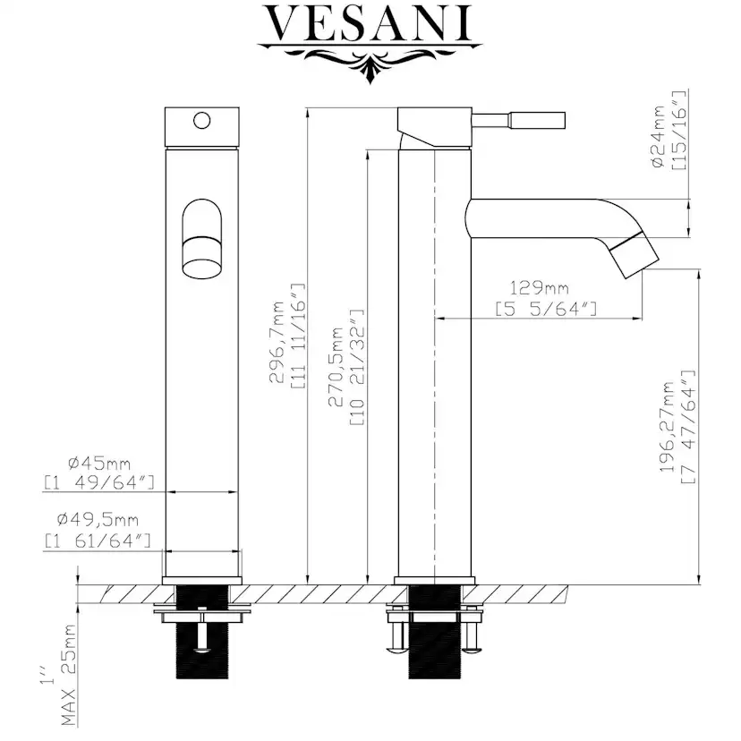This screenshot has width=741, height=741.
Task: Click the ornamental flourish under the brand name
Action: point(370,61)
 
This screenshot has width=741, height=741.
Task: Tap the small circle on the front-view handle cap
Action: point(201,120)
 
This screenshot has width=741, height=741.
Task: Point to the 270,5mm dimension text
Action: point(336,367)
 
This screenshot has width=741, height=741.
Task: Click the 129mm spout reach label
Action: point(539,288)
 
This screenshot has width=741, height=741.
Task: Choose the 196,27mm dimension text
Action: point(668,427)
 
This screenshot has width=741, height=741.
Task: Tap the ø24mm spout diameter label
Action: point(658,137)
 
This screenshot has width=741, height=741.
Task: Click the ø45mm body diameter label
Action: point(98,464)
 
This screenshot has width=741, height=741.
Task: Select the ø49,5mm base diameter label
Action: point(98,520)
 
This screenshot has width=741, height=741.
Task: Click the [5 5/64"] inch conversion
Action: point(546,309)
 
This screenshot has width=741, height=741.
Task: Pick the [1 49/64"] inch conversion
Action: point(99,482)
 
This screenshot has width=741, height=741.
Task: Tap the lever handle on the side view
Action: point(518,120)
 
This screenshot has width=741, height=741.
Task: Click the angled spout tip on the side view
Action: point(634,258)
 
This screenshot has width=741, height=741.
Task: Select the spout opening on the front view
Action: point(201,239)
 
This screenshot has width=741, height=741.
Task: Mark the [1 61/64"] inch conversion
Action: point(98,541)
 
